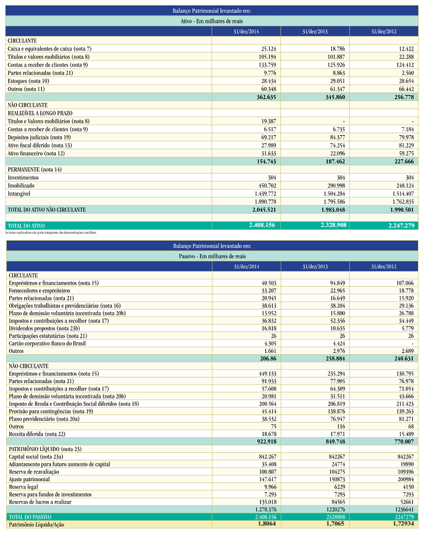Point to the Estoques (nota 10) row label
[28, 80]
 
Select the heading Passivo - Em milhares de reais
[212, 255]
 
